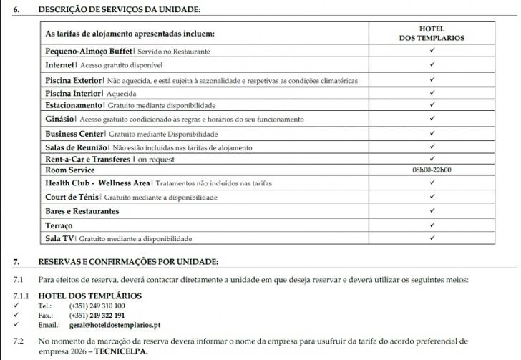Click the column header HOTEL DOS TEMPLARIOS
pyautogui.click(x=431, y=33)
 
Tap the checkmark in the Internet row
pyautogui.click(x=432, y=64)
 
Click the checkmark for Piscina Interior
pyautogui.click(x=432, y=92)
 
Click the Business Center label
pyautogui.click(x=74, y=134)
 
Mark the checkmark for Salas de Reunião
pyautogui.click(x=432, y=146)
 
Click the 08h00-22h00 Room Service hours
pyautogui.click(x=432, y=170)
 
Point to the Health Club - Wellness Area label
pyautogui.click(x=97, y=183)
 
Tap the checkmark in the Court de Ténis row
pyautogui.click(x=432, y=196)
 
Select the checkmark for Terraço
pyautogui.click(x=432, y=225)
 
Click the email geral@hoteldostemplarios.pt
pyautogui.click(x=115, y=325)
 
